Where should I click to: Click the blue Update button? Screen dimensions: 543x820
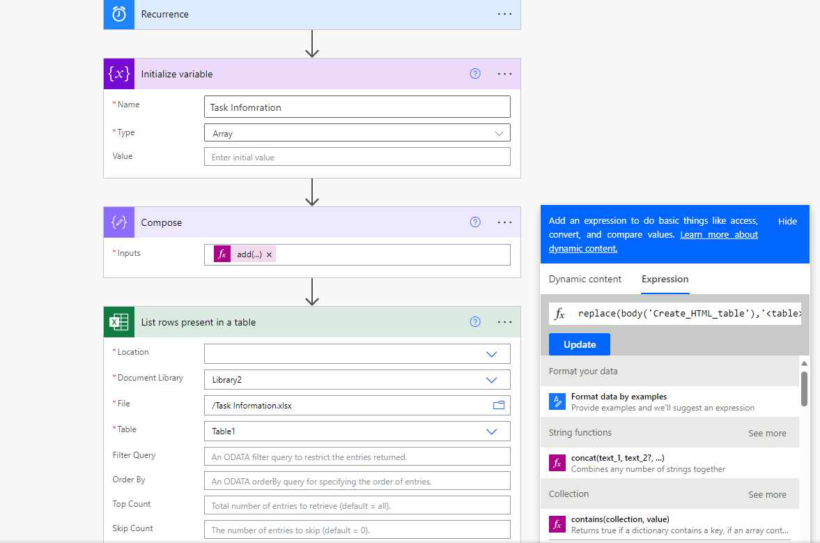click(579, 344)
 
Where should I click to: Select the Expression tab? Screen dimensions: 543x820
click(665, 279)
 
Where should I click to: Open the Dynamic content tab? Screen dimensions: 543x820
click(585, 279)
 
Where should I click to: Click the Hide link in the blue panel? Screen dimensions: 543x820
click(787, 221)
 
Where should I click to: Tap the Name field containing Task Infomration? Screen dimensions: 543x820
click(357, 107)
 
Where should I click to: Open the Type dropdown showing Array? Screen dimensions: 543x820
click(357, 133)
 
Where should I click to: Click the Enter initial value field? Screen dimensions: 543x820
click(357, 157)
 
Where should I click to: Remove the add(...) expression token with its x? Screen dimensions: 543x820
click(270, 255)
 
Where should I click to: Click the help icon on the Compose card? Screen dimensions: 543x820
click(475, 222)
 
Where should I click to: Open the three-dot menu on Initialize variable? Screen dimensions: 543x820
click(505, 74)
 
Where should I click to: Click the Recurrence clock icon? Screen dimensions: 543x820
click(119, 14)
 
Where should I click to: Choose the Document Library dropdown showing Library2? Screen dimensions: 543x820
click(357, 380)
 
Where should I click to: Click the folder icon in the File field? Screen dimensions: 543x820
click(499, 406)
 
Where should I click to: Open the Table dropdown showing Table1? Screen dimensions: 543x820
click(357, 431)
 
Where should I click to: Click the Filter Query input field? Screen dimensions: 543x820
click(357, 457)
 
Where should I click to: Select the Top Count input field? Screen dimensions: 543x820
click(357, 505)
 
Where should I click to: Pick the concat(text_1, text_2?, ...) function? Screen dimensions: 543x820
click(617, 458)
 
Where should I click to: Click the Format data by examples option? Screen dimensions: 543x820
click(619, 397)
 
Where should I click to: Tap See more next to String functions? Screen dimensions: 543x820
click(767, 433)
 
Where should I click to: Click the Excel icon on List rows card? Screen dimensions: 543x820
click(119, 322)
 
